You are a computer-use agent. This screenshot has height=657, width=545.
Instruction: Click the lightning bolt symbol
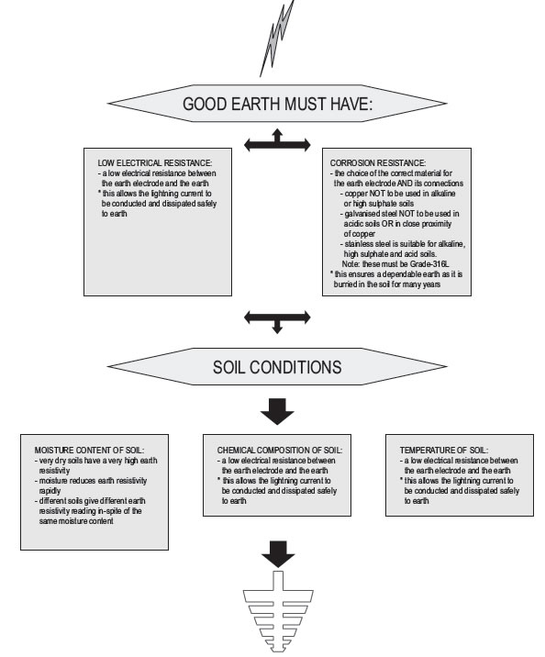(276, 39)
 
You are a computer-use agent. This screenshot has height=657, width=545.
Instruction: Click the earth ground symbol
(278, 611)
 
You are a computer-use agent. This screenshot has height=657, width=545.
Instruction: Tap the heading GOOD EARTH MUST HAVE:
(277, 104)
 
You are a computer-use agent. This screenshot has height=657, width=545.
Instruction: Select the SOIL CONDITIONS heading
(277, 367)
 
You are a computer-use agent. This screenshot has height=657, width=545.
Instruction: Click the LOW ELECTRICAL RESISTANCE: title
(155, 163)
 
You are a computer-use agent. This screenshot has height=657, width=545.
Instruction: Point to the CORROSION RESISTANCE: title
(378, 163)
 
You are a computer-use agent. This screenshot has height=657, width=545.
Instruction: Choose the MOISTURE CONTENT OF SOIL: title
(89, 451)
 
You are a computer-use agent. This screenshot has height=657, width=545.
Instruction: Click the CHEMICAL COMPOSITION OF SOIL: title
(280, 451)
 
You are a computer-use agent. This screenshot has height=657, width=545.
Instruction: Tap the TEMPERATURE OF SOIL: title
(444, 451)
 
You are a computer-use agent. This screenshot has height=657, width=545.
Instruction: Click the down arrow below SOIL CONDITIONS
(277, 411)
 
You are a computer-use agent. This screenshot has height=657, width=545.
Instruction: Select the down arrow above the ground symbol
(278, 554)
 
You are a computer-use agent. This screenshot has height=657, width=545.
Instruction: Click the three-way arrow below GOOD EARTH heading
(277, 141)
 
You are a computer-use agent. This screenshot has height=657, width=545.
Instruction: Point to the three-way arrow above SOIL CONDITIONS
(277, 321)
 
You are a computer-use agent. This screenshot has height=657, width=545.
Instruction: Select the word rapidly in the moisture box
(50, 491)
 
